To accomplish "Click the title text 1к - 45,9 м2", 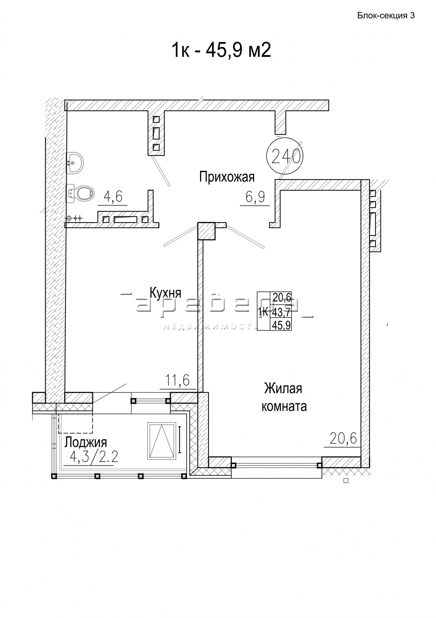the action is click(221, 50).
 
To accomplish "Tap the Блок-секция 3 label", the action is click(386, 16).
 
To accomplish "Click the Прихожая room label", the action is click(227, 177).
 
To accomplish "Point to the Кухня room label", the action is click(165, 292).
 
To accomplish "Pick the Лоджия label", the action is click(85, 442).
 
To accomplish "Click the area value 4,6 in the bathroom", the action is click(113, 197).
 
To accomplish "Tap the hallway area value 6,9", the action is click(255, 197).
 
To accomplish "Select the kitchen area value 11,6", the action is click(178, 380).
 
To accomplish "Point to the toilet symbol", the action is click(80, 193).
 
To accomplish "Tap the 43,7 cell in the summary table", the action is click(281, 313).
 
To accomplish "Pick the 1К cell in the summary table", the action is click(264, 313).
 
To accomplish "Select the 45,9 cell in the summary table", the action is click(281, 325).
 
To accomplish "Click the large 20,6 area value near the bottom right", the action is click(343, 438).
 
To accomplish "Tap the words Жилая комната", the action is click(284, 397).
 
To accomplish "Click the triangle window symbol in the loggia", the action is click(162, 441).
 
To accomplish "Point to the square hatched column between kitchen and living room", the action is click(206, 231).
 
